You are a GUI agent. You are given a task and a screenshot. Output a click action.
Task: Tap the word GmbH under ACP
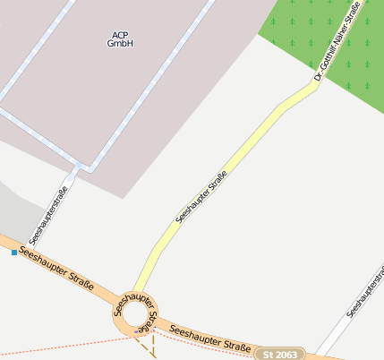tap(119, 43)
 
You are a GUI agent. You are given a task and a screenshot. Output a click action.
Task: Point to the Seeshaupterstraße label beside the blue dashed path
tap(48, 216)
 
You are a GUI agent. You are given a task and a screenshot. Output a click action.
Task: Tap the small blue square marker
tap(14, 253)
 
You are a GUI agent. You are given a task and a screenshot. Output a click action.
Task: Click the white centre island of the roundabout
tap(137, 315)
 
